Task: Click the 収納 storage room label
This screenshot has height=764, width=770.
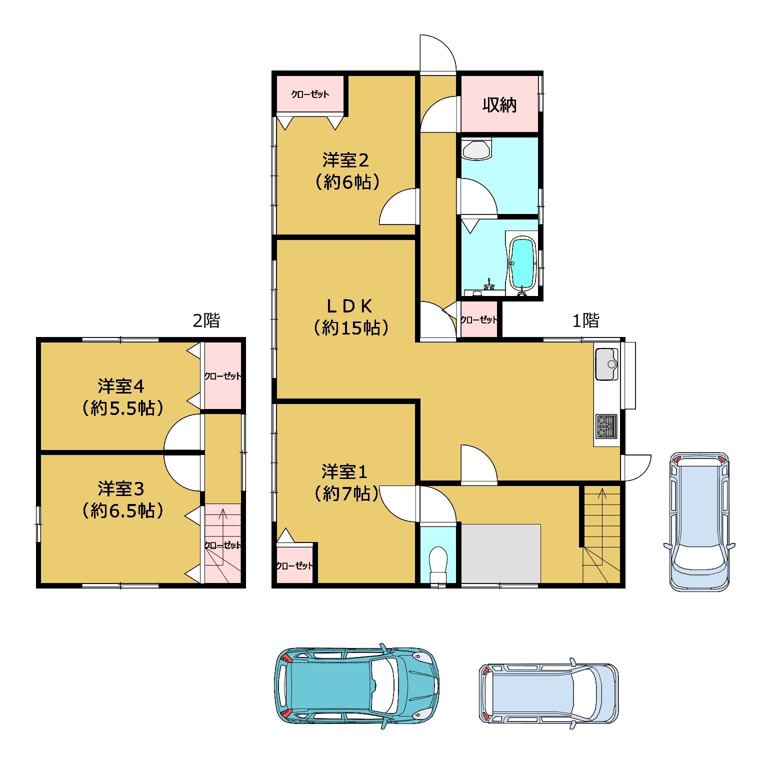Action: (499, 105)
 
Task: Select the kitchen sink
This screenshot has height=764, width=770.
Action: (606, 364)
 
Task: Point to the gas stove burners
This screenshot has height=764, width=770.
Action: (606, 425)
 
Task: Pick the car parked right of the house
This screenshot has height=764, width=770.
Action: (698, 522)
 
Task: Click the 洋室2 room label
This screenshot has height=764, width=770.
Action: (345, 161)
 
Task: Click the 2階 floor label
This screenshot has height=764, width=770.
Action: (206, 320)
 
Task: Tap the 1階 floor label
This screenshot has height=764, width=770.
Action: (585, 320)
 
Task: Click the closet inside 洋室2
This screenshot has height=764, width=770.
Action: (310, 94)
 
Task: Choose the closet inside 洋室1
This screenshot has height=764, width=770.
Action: (294, 565)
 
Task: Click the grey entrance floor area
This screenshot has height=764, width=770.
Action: (500, 553)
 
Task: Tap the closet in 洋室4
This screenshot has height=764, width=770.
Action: (223, 376)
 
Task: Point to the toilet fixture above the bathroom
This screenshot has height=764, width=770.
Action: (476, 149)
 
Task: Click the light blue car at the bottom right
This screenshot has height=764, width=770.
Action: (548, 692)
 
